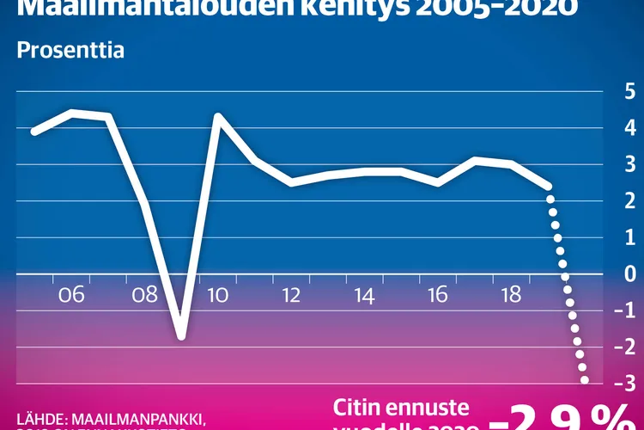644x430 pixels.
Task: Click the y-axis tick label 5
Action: pos(630,91)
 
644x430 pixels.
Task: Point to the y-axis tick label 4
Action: pos(630,128)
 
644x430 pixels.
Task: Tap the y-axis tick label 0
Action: pos(630,273)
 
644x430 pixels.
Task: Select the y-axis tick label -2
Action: pos(627,347)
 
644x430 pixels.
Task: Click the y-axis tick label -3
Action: pos(627,383)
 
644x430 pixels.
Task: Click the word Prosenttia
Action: pos(70,50)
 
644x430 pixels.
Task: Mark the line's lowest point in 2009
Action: pos(181,335)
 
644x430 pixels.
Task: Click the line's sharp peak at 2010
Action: pos(217,115)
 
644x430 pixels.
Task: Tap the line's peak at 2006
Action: pos(71,112)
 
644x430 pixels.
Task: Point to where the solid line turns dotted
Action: pos(548,187)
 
